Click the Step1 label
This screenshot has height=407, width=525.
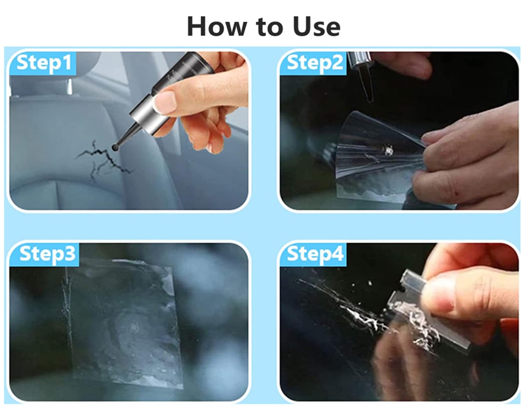(x=44, y=63)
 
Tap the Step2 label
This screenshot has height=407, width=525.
(x=315, y=63)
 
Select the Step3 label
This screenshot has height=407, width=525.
(x=47, y=254)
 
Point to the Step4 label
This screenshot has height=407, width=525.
(x=315, y=254)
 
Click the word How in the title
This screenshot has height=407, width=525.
(x=216, y=27)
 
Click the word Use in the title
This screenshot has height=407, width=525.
(x=317, y=27)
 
